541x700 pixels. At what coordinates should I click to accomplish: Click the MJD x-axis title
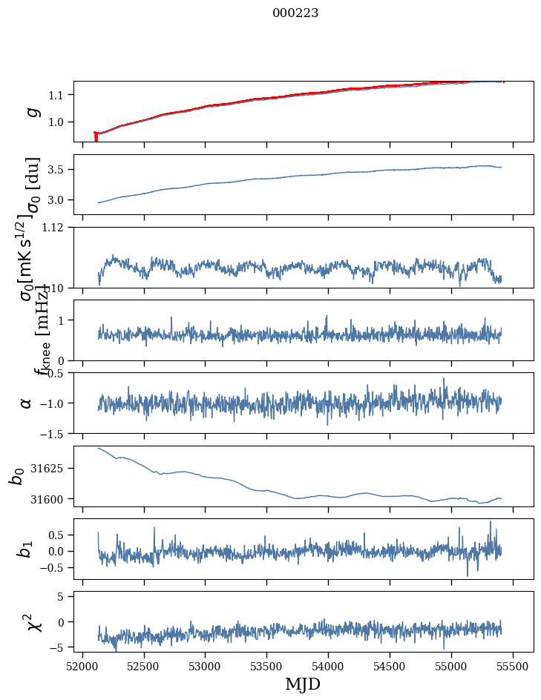pyautogui.click(x=303, y=684)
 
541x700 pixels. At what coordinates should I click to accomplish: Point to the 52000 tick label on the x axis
pyautogui.click(x=82, y=665)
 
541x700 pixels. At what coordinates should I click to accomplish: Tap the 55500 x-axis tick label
pyautogui.click(x=512, y=665)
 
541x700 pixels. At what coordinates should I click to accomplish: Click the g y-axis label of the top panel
pyautogui.click(x=32, y=111)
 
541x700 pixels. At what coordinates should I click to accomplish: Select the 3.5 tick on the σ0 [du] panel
pyautogui.click(x=58, y=170)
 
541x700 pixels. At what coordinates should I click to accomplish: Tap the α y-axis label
pyautogui.click(x=27, y=402)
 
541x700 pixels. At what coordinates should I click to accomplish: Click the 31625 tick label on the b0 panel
pyautogui.click(x=51, y=469)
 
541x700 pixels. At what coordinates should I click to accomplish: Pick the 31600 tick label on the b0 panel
pyautogui.click(x=51, y=499)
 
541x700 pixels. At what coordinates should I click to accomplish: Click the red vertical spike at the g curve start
pyautogui.click(x=96, y=136)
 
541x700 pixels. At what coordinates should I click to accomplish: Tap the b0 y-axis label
pyautogui.click(x=17, y=475)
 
